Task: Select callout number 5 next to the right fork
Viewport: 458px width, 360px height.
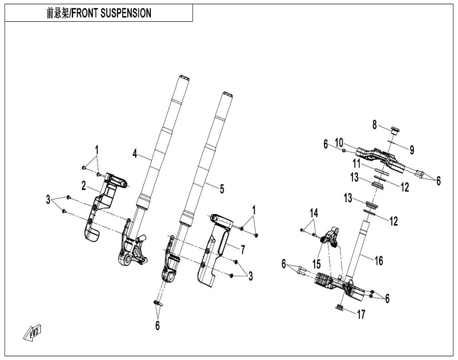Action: point(222,188)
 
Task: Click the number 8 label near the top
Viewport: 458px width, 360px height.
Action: point(375,124)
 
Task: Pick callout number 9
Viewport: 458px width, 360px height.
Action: point(412,149)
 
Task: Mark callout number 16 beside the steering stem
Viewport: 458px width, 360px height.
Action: point(378,260)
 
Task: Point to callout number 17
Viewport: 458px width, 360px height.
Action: point(361,314)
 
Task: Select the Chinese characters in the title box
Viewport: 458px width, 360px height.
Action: point(56,13)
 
